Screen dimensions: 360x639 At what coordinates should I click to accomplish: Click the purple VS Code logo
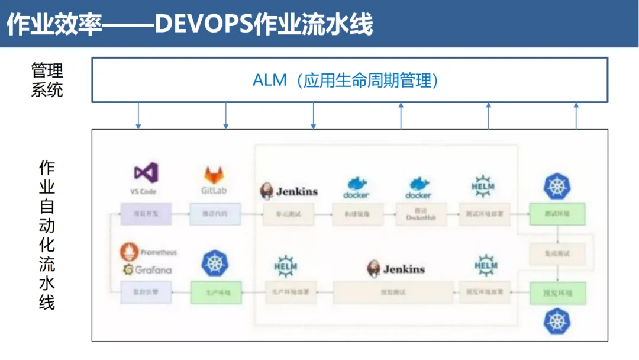146,173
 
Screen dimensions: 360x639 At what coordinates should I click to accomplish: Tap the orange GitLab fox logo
214,175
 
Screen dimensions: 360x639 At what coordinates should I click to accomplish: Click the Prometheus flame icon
130,252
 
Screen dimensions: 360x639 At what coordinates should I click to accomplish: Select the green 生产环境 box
216,292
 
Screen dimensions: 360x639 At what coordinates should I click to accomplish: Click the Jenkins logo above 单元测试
289,191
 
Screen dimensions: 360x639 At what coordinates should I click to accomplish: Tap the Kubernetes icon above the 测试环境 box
556,186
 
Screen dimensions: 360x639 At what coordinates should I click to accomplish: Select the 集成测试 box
557,254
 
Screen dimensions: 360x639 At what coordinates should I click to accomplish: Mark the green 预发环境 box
557,292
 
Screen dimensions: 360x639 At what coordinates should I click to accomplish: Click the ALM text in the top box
270,81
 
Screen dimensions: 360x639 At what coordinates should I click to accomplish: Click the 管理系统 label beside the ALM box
47,81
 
